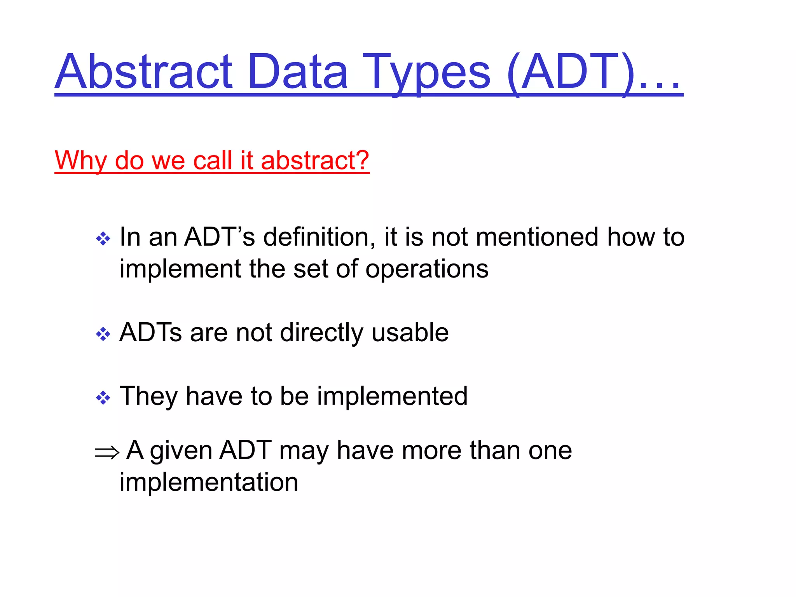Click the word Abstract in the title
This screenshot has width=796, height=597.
point(144,72)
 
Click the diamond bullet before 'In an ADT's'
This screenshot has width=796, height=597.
point(103,239)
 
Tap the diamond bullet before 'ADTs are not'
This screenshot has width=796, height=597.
point(103,334)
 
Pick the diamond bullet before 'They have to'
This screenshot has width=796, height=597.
point(103,398)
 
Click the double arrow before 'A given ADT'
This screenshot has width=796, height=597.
point(107,452)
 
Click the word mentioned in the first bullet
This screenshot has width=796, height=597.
point(537,237)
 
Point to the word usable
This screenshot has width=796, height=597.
point(410,332)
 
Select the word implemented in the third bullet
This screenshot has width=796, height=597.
point(392,396)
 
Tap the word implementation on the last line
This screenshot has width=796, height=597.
point(209,482)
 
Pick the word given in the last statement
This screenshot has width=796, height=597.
point(181,451)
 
